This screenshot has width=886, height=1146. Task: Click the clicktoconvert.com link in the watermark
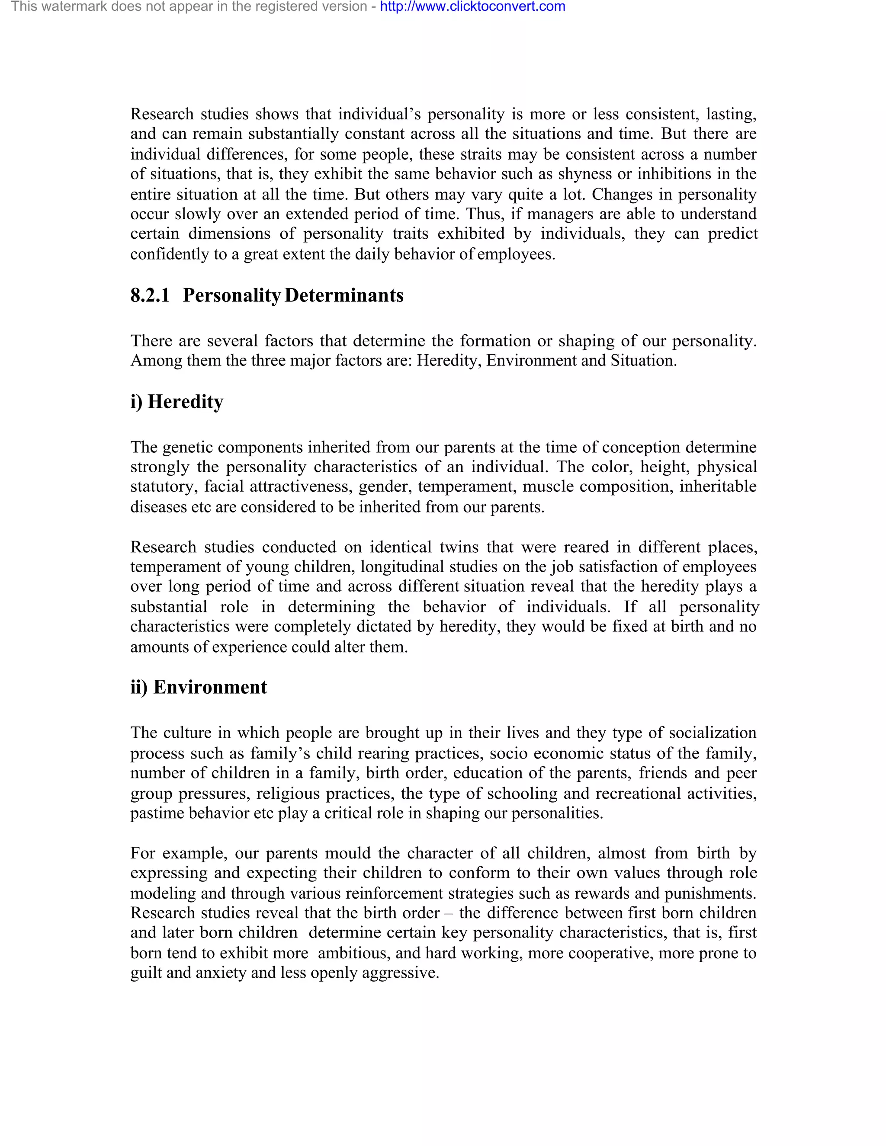tap(472, 7)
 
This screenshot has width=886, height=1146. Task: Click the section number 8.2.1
tap(150, 295)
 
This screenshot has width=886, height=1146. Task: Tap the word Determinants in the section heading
tap(344, 295)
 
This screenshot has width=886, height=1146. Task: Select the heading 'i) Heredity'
tap(177, 401)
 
